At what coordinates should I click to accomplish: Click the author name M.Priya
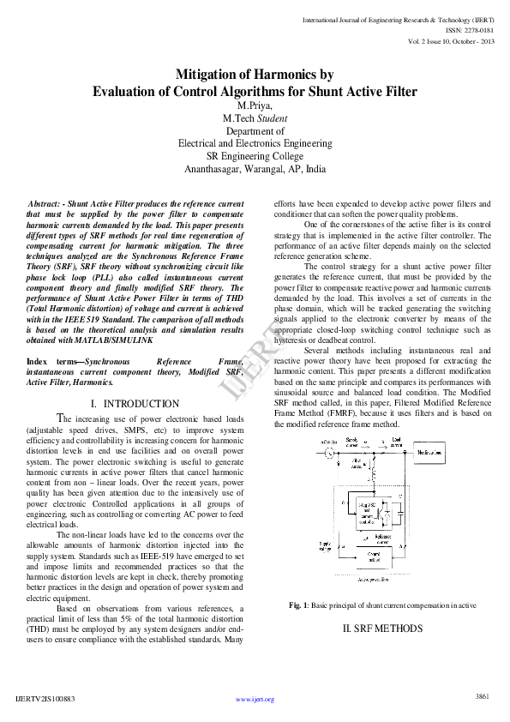(255, 105)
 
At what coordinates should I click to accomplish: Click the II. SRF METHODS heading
(382, 629)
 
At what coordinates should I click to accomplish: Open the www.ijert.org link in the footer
(255, 699)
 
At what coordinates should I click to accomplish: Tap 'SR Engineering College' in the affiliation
(255, 157)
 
